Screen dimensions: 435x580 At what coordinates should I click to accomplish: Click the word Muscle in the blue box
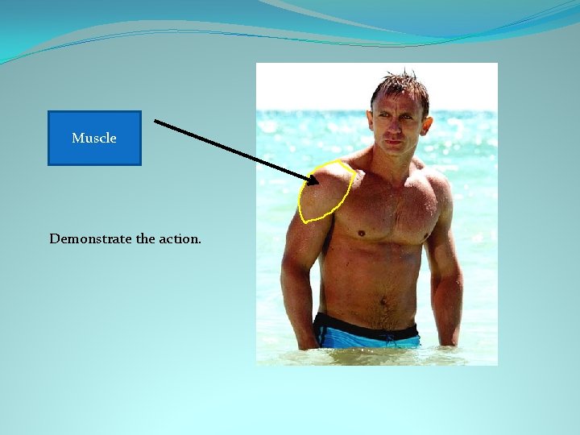point(94,138)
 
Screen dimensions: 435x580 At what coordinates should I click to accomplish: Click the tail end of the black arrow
point(155,122)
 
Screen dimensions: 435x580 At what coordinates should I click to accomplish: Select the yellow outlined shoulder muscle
point(325,192)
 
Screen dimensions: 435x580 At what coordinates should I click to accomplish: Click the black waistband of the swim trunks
point(367,325)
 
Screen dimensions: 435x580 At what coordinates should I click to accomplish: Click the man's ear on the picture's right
point(427,123)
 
